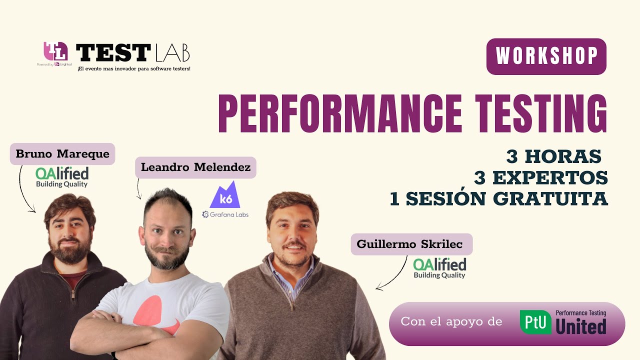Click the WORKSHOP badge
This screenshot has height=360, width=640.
[546, 56]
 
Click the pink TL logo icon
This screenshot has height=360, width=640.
[55, 51]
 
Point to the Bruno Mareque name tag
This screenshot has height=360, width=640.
[62, 154]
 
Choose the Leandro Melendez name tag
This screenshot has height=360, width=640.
[195, 167]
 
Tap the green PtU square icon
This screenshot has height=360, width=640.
[535, 321]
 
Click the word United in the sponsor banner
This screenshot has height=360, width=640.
[581, 327]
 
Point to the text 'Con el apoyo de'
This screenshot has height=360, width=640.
[451, 321]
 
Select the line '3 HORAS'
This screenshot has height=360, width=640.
[553, 156]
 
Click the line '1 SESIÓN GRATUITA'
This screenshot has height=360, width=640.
[498, 198]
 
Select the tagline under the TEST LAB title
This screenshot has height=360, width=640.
[133, 68]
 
